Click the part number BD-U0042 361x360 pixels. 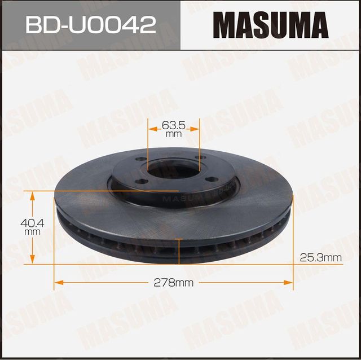[x=90, y=25]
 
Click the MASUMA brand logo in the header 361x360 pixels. [x=270, y=25]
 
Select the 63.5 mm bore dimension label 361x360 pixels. [x=174, y=129]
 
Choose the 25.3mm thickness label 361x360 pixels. [x=320, y=258]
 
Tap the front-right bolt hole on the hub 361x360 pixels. [x=211, y=179]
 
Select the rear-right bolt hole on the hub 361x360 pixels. [x=197, y=159]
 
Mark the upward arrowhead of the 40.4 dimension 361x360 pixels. [x=32, y=195]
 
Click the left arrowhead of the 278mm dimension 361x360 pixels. [x=57, y=283]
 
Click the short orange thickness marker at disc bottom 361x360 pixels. [x=179, y=251]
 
